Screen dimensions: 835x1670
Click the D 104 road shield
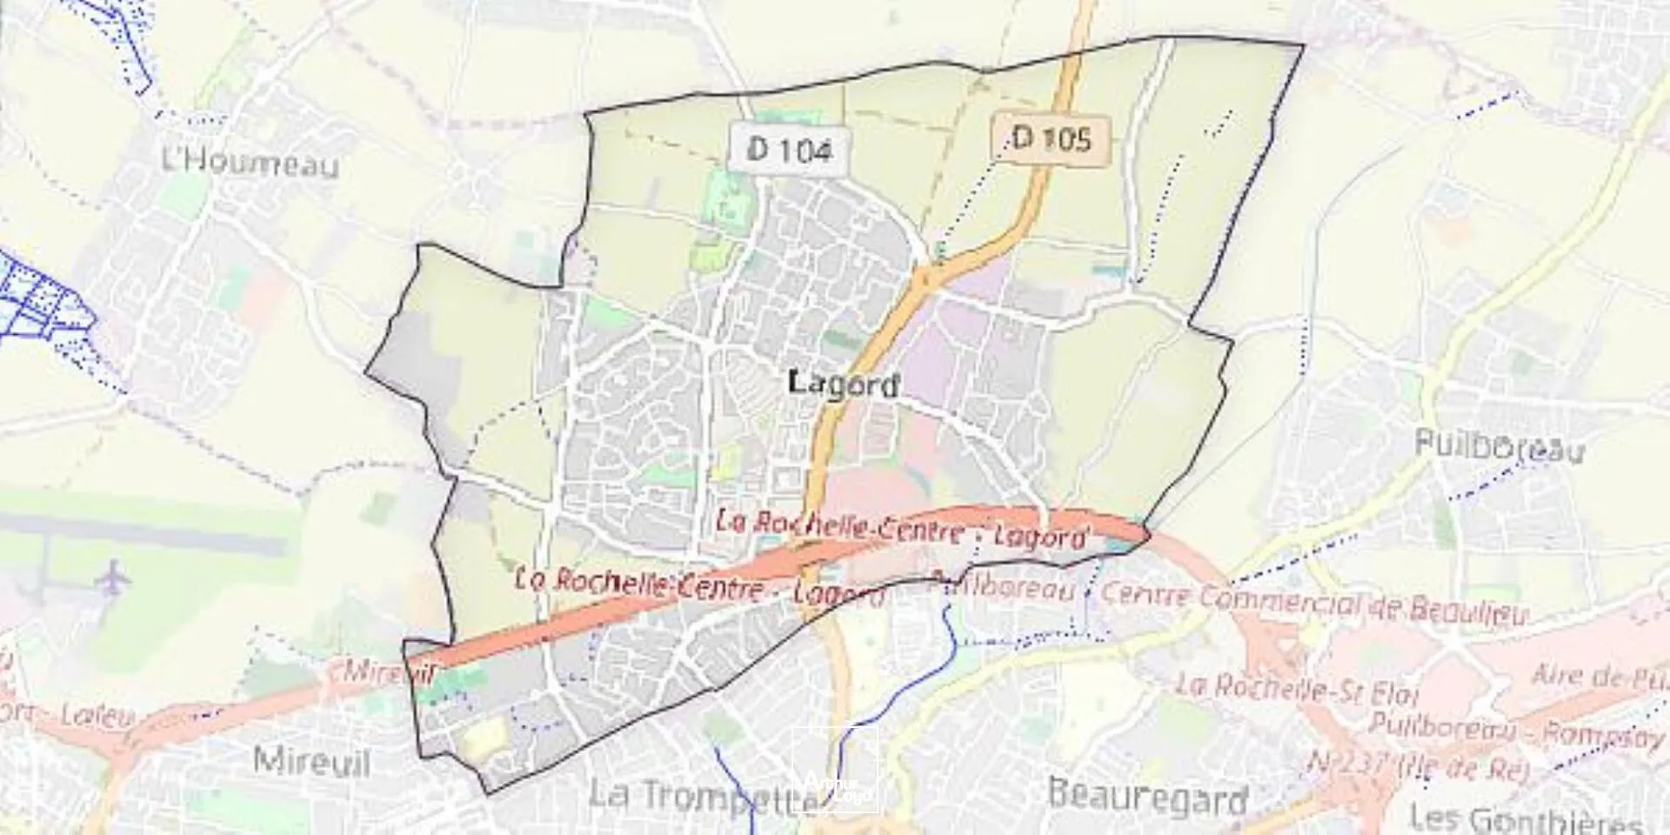click(x=790, y=150)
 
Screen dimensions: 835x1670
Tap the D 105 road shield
click(x=1052, y=138)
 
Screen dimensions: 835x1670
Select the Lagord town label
click(x=843, y=384)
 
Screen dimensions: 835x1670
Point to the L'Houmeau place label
click(x=250, y=162)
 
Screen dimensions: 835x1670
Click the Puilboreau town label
click(x=1499, y=446)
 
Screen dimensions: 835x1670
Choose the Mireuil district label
click(x=311, y=763)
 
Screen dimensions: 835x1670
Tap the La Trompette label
click(x=696, y=795)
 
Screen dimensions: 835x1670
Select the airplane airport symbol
click(x=112, y=578)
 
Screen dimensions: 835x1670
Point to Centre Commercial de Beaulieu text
click(x=1313, y=602)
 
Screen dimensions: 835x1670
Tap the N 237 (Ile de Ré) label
click(x=1418, y=765)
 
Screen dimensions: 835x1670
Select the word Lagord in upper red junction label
click(x=1040, y=538)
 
